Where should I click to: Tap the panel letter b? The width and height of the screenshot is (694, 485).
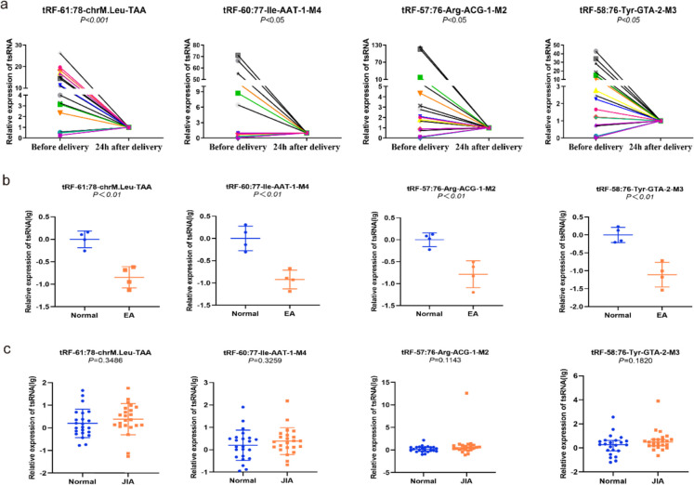coord(7,174)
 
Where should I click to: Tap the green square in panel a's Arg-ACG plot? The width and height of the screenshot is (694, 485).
coord(421,77)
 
